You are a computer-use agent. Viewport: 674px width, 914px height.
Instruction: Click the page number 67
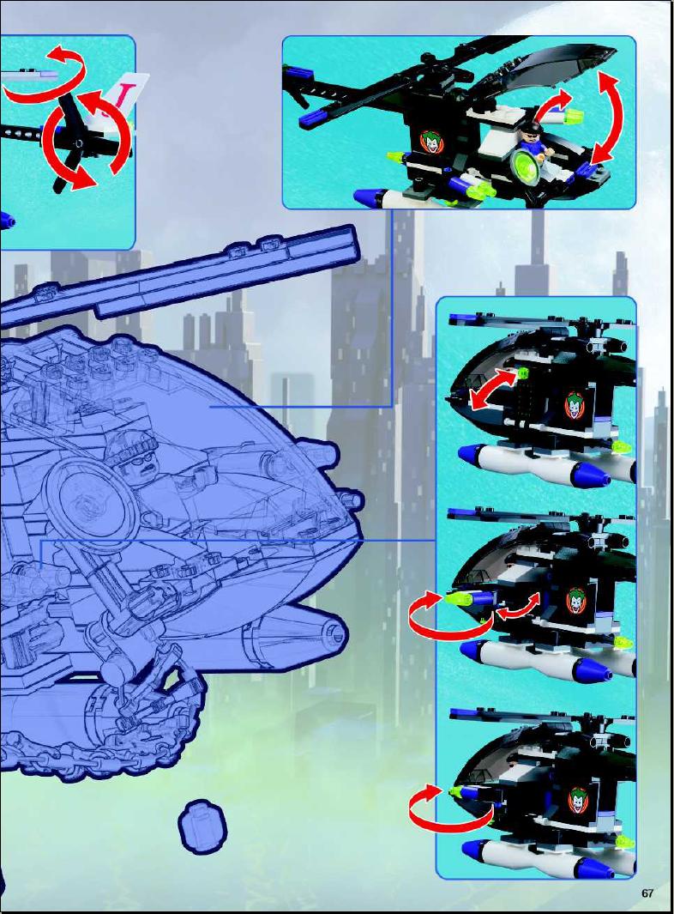point(647,893)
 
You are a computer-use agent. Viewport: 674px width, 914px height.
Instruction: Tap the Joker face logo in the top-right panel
point(431,142)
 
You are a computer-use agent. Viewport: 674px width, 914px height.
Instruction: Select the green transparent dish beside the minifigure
point(524,166)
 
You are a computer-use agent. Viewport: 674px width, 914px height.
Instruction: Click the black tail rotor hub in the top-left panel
point(75,142)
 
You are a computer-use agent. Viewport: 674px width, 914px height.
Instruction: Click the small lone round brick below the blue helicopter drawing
point(202,826)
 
